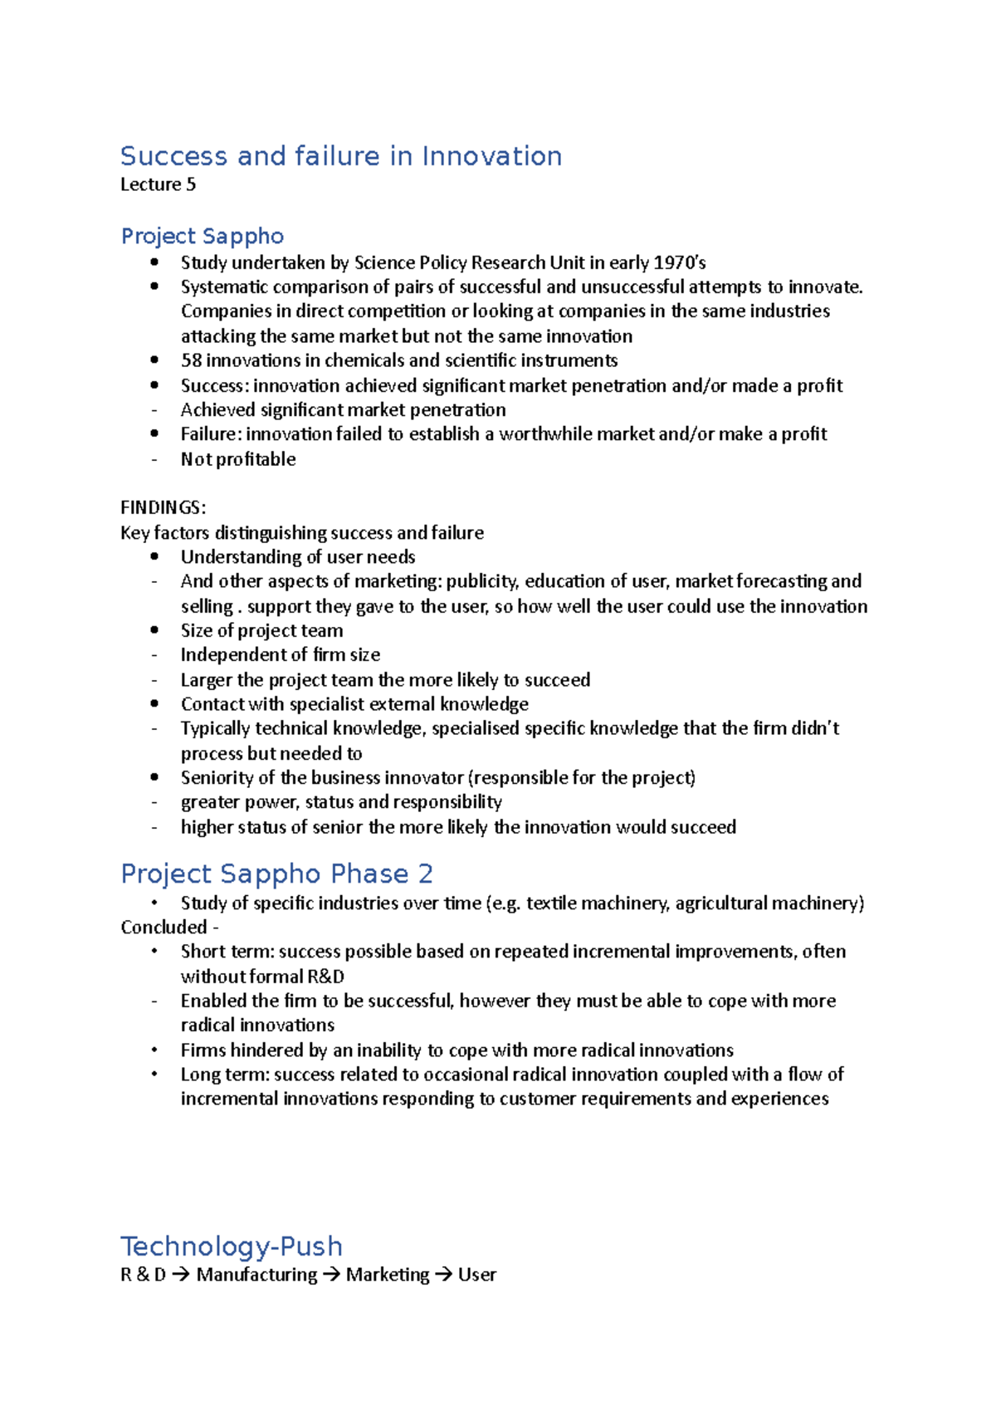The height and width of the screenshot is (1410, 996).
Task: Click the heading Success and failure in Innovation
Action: [x=340, y=156]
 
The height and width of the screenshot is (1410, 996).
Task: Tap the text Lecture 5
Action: [x=158, y=184]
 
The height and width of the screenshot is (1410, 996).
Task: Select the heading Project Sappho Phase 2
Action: [x=276, y=874]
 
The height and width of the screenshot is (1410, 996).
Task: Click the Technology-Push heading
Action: [x=231, y=1246]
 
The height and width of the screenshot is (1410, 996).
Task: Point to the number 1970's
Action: [x=679, y=263]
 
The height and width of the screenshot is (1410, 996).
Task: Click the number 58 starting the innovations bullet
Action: [x=191, y=360]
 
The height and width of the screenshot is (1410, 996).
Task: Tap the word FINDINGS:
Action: [x=163, y=507]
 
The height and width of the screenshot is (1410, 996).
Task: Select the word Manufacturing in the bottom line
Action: [x=256, y=1275]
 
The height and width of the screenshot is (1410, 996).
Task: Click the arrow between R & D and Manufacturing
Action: [x=180, y=1275]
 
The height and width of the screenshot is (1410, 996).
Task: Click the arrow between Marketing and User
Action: [x=443, y=1275]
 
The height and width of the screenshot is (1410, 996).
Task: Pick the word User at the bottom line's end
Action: [x=476, y=1275]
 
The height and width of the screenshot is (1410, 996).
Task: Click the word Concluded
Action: [x=164, y=928]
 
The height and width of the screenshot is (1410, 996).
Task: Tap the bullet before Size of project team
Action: [x=154, y=631]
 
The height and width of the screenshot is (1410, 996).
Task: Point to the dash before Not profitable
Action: [x=154, y=459]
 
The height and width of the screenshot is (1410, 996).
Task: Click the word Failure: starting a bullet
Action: [x=210, y=434]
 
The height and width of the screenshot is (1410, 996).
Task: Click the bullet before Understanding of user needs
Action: [x=154, y=557]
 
